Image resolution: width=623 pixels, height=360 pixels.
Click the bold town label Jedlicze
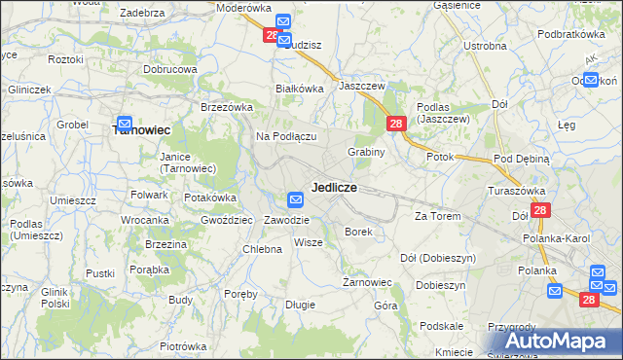334,187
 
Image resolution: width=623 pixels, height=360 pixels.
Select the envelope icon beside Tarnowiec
125,125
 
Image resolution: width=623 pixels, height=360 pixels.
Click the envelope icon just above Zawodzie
296,199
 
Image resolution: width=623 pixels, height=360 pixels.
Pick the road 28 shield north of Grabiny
396,124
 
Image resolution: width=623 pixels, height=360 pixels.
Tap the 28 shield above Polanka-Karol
541,209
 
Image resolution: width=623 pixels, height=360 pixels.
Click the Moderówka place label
243,7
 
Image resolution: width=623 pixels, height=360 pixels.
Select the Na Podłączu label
287,136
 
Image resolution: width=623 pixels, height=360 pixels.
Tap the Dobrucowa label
170,70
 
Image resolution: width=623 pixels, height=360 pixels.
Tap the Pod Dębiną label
522,158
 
